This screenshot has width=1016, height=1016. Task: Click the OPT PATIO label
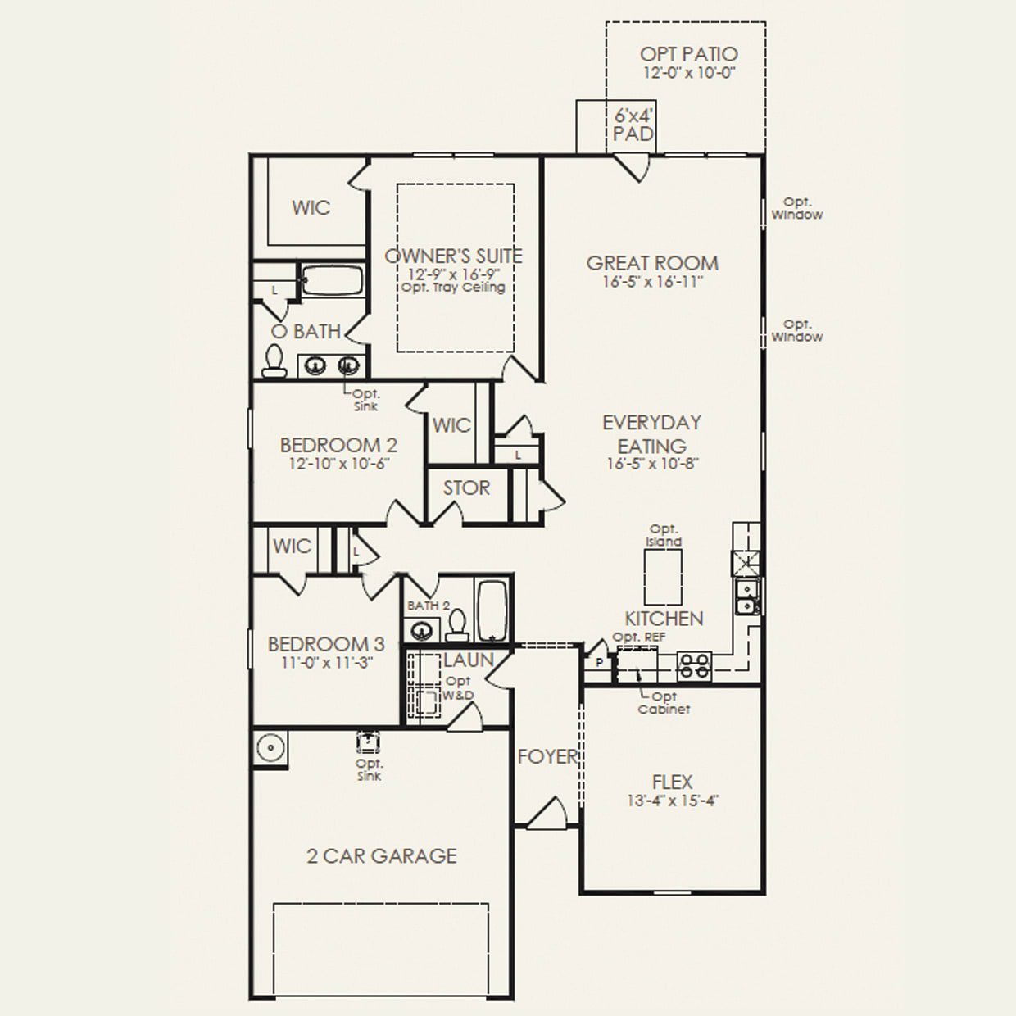pyautogui.click(x=688, y=54)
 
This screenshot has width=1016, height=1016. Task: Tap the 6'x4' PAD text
pyautogui.click(x=633, y=125)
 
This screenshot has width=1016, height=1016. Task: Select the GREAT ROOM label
pyautogui.click(x=652, y=263)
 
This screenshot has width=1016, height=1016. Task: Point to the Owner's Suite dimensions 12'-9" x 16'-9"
pyautogui.click(x=453, y=274)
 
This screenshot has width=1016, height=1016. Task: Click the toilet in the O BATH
pyautogui.click(x=274, y=361)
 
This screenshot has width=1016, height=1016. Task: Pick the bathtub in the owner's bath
pyautogui.click(x=332, y=280)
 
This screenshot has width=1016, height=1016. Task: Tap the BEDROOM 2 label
pyautogui.click(x=338, y=446)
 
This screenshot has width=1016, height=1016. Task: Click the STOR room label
pyautogui.click(x=466, y=488)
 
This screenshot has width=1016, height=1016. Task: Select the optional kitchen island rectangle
pyautogui.click(x=664, y=577)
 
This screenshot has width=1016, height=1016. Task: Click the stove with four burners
pyautogui.click(x=694, y=666)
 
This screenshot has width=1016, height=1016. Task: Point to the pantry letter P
pyautogui.click(x=599, y=662)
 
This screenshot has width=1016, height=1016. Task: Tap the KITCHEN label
pyautogui.click(x=664, y=619)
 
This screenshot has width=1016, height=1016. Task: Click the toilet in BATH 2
pyautogui.click(x=456, y=625)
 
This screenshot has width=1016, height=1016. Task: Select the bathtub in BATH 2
pyautogui.click(x=493, y=611)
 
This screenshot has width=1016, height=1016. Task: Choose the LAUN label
pyautogui.click(x=469, y=660)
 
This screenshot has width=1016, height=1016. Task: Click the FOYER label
pyautogui.click(x=548, y=756)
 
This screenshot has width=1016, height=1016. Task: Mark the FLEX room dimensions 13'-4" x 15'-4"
pyautogui.click(x=672, y=801)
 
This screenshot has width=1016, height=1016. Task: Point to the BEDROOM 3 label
pyautogui.click(x=326, y=644)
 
